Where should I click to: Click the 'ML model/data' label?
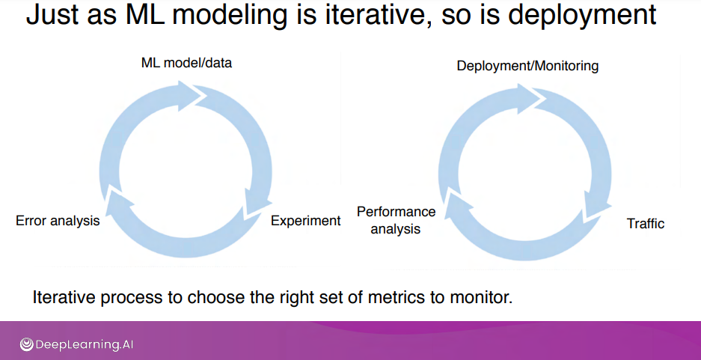186,63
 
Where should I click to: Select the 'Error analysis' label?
58,221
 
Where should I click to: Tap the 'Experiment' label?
306,221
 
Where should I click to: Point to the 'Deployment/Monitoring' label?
527,66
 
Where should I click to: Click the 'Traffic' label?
646,224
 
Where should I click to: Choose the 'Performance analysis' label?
396,220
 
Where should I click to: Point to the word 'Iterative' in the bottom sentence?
62,297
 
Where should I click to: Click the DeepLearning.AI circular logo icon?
26,344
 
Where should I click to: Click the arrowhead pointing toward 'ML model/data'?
191,95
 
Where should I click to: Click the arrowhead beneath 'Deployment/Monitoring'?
530,98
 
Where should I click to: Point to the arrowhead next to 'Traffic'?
597,206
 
